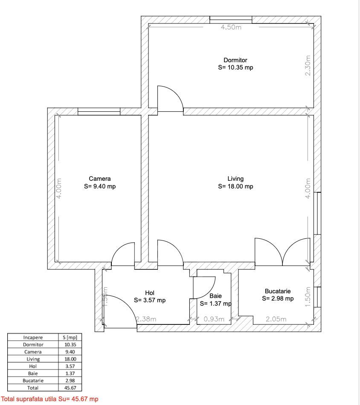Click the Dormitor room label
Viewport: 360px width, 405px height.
[235, 60]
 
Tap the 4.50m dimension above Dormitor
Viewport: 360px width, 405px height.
[231, 28]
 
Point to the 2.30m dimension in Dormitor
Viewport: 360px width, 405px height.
[308, 66]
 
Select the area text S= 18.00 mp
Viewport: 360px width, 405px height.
[235, 186]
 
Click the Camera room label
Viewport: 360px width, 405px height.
[99, 179]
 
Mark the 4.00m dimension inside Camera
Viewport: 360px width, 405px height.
[60, 188]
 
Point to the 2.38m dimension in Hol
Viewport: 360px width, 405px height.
[146, 319]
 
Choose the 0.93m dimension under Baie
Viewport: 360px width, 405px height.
[214, 319]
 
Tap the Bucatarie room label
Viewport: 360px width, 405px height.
[278, 291]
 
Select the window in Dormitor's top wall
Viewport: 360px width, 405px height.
[231, 19]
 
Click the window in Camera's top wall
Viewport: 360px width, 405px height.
[99, 111]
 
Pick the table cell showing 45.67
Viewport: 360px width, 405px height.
[70, 388]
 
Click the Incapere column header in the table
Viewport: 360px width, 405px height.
[33, 337]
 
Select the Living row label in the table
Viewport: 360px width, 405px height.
[33, 359]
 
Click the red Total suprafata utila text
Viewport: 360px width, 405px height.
[49, 399]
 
